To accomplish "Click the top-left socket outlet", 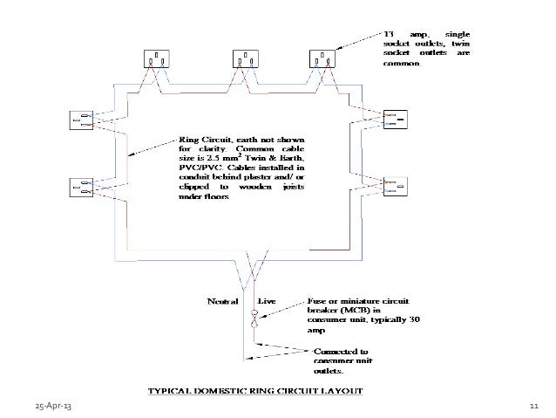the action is pos(158,58).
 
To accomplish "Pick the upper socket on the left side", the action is pos(81,121).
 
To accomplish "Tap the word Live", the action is pos(268,301).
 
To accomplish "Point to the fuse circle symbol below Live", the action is pos(255,313).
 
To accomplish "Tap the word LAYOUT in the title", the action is pos(343,391).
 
